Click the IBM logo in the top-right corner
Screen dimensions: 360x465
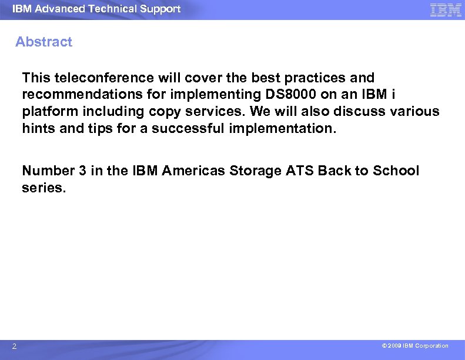(445, 10)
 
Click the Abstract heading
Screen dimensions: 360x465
(44, 42)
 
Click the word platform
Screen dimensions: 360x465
(46, 112)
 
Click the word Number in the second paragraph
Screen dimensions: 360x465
(48, 171)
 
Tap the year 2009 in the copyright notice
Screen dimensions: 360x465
(393, 346)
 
